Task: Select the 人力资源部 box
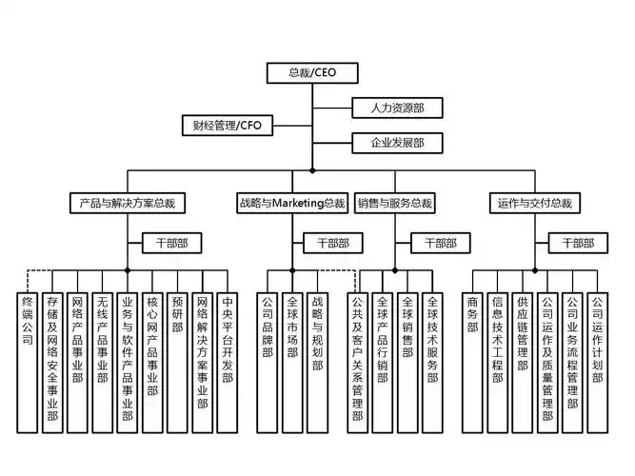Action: pyautogui.click(x=389, y=108)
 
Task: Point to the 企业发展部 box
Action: pyautogui.click(x=389, y=143)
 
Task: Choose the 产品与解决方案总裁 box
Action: pyautogui.click(x=128, y=203)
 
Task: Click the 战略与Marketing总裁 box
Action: pyautogui.click(x=291, y=203)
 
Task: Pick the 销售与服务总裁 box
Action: pyautogui.click(x=395, y=203)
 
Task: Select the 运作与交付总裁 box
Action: pyautogui.click(x=534, y=203)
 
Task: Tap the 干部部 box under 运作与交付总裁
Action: pyautogui.click(x=578, y=244)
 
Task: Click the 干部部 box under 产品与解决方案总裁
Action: pyautogui.click(x=172, y=244)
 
